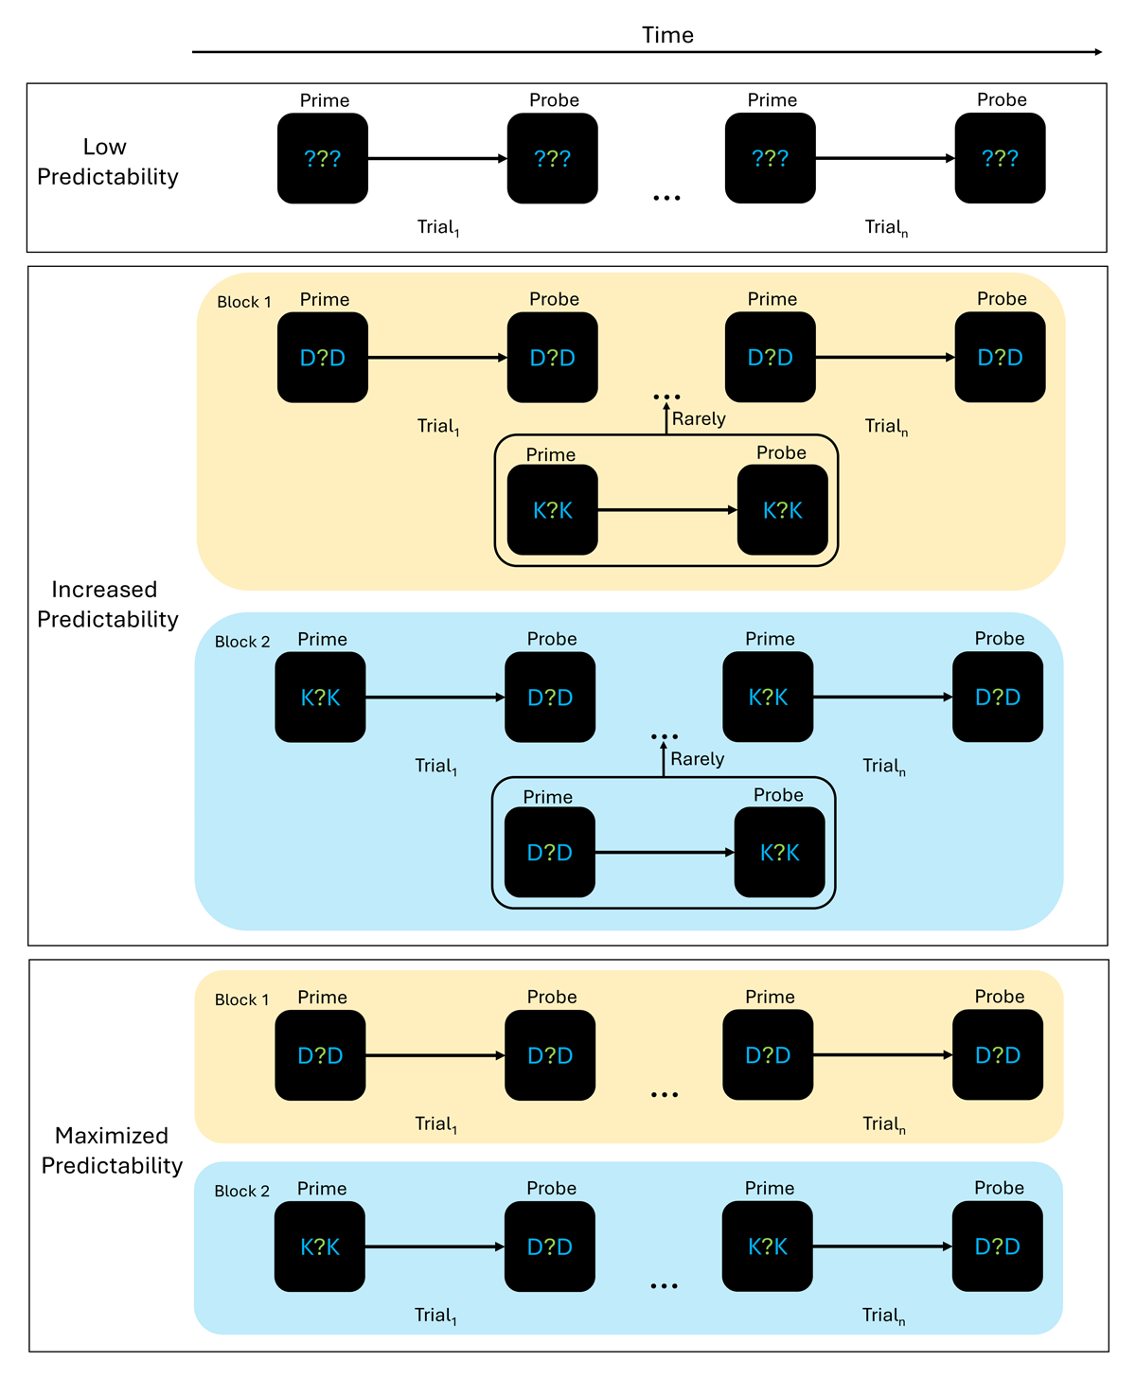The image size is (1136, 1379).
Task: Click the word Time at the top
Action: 667,35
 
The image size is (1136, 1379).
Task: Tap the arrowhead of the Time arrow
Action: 1097,52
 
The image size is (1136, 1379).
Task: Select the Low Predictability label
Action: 107,162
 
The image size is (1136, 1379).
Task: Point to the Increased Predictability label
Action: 107,604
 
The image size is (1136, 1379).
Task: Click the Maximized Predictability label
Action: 112,1150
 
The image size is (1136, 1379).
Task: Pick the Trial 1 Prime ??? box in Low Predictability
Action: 323,158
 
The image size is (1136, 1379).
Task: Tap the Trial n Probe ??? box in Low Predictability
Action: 1000,158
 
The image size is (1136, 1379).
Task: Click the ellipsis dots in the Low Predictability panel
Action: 666,198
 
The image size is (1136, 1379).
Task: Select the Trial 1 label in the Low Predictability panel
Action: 437,227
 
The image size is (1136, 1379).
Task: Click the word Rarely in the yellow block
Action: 699,418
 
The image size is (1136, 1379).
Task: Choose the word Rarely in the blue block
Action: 697,758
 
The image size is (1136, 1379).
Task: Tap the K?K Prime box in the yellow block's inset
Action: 552,510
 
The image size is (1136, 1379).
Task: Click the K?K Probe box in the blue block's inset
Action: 779,852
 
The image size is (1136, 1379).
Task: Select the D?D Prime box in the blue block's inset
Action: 549,852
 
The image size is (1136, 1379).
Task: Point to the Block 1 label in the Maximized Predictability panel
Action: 241,999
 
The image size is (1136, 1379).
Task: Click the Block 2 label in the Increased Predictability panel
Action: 242,642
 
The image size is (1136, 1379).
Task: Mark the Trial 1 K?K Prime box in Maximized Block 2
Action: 320,1246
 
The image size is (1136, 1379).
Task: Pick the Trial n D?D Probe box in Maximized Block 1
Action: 998,1055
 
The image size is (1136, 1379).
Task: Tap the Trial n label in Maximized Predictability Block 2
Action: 884,1315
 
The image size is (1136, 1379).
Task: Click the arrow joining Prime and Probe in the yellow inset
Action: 667,510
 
